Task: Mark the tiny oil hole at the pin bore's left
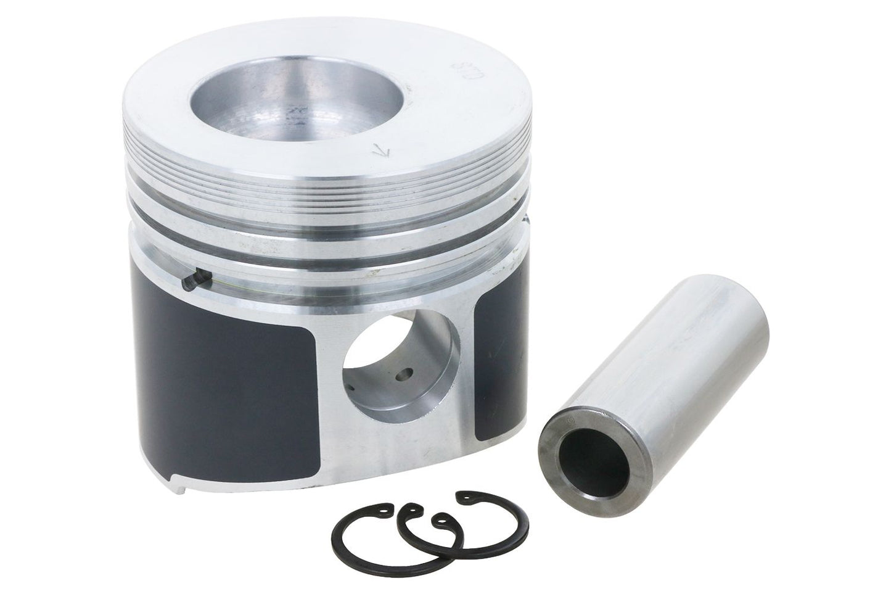(x=350, y=389)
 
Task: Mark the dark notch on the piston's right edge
(x=525, y=219)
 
